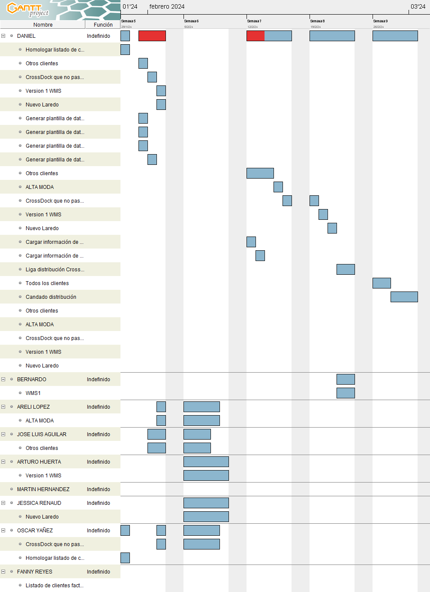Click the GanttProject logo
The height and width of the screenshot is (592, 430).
28,9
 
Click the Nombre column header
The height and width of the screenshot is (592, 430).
43,25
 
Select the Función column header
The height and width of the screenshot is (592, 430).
103,25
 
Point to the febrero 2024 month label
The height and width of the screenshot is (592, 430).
167,6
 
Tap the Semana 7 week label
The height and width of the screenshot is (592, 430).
254,21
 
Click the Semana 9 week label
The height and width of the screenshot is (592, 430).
380,21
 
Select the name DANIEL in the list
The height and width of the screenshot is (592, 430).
26,36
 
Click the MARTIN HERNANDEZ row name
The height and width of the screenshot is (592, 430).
43,489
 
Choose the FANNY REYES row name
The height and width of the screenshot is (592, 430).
35,572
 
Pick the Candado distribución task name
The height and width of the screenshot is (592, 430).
51,297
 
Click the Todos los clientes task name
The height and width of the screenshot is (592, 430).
47,283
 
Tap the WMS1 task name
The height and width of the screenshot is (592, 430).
33,393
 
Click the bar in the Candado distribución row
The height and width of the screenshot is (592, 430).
404,297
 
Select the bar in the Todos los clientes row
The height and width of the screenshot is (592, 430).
382,283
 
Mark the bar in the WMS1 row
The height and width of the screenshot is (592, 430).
346,393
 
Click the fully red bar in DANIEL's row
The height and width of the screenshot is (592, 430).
152,36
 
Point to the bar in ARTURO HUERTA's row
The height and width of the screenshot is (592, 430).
206,462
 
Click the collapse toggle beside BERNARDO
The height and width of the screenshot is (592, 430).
3,379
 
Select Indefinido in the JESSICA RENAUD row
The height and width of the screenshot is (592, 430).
99,503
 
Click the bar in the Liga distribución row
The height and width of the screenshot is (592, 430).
346,270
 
